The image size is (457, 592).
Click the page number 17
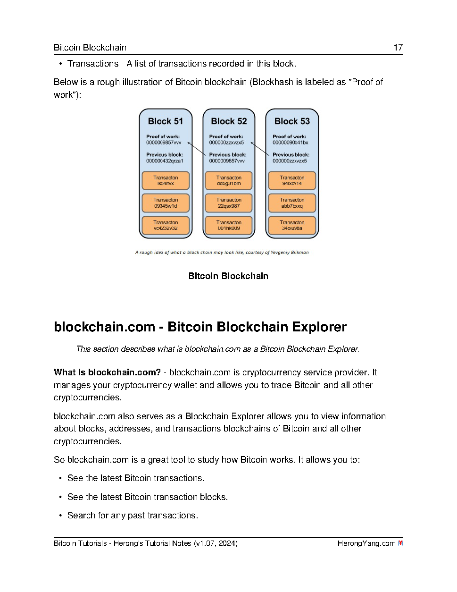tap(398, 47)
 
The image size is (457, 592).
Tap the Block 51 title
tap(166, 121)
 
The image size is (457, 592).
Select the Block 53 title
tap(292, 121)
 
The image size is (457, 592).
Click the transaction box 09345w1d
tap(166, 203)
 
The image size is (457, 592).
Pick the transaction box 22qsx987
tap(229, 203)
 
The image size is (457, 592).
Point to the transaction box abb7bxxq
tap(292, 203)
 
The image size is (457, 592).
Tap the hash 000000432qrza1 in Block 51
tap(165, 161)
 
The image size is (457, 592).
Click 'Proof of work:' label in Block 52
tap(226, 136)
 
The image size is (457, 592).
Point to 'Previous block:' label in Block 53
tap(291, 155)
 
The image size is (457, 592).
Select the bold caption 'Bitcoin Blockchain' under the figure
tap(228, 276)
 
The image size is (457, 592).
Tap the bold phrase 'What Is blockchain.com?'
tap(107, 372)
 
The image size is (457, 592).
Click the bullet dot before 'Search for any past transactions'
tap(60, 516)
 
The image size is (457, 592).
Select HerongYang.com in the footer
tap(366, 543)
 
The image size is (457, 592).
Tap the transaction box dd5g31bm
tap(229, 181)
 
